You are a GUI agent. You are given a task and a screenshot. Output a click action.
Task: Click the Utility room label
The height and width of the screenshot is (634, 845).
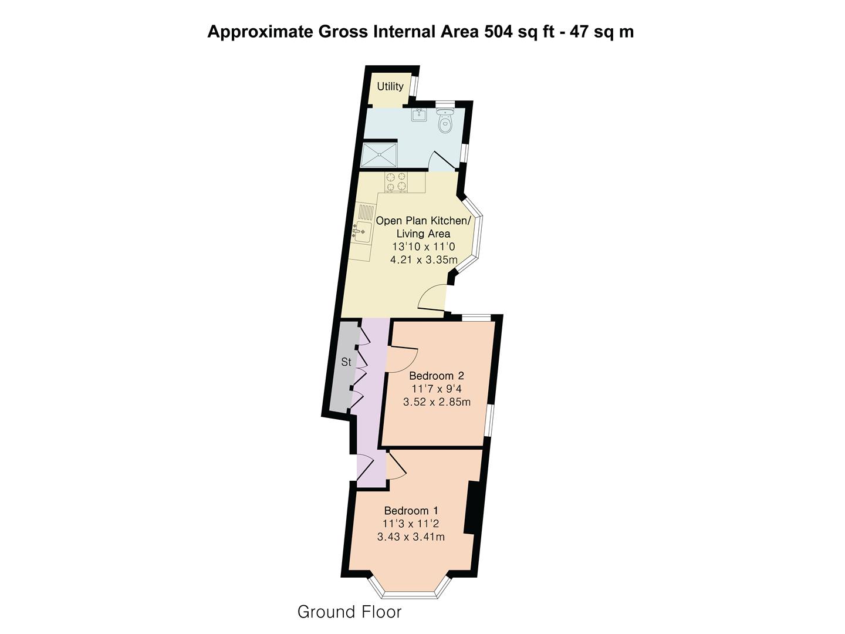[x=390, y=86]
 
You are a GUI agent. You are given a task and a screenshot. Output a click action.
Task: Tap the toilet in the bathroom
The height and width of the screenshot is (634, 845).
[x=445, y=122]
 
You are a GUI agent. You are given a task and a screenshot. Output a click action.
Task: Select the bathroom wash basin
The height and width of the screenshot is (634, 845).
[x=419, y=114]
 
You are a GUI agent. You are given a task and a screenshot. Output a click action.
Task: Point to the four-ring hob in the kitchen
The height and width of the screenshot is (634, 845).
[x=396, y=182]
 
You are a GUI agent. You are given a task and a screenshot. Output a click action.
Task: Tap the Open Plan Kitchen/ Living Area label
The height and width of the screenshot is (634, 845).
[x=422, y=227]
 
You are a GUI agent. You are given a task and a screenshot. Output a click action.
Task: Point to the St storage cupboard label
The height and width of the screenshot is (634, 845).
[x=346, y=362]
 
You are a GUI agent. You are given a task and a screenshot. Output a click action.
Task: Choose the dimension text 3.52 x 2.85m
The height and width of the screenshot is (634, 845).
[x=437, y=402]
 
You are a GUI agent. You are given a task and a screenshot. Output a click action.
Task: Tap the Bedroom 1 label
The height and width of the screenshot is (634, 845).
[x=411, y=511]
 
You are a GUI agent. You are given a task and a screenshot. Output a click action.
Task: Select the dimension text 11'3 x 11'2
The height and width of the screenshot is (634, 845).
[x=411, y=524]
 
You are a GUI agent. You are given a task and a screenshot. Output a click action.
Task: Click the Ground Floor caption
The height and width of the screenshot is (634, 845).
[x=349, y=612]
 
